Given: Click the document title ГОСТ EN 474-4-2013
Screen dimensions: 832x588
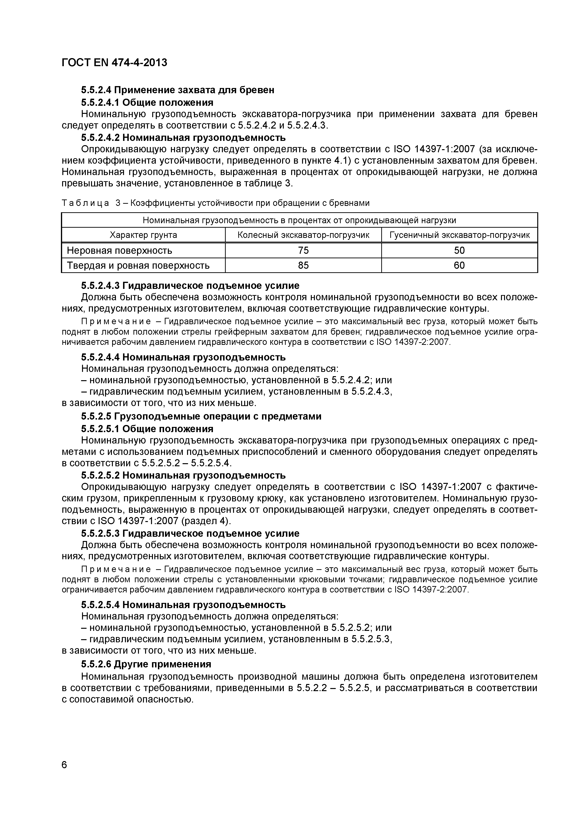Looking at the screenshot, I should [115, 63].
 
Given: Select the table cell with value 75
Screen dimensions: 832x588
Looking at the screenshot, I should [303, 250].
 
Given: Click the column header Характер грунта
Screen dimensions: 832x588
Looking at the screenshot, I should [143, 235].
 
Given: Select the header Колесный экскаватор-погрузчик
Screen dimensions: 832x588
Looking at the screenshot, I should [303, 235].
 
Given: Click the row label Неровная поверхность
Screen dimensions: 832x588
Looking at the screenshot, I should [119, 250].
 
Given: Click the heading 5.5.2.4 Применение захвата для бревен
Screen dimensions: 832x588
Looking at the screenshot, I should [178, 90].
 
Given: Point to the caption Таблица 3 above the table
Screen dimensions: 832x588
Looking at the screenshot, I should [216, 203].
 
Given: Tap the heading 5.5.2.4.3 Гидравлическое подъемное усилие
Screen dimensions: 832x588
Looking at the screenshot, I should [190, 286].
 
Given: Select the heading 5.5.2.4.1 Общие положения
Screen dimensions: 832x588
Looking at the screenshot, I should [147, 102].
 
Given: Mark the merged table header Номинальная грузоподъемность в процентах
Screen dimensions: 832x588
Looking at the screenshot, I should [299, 220].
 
